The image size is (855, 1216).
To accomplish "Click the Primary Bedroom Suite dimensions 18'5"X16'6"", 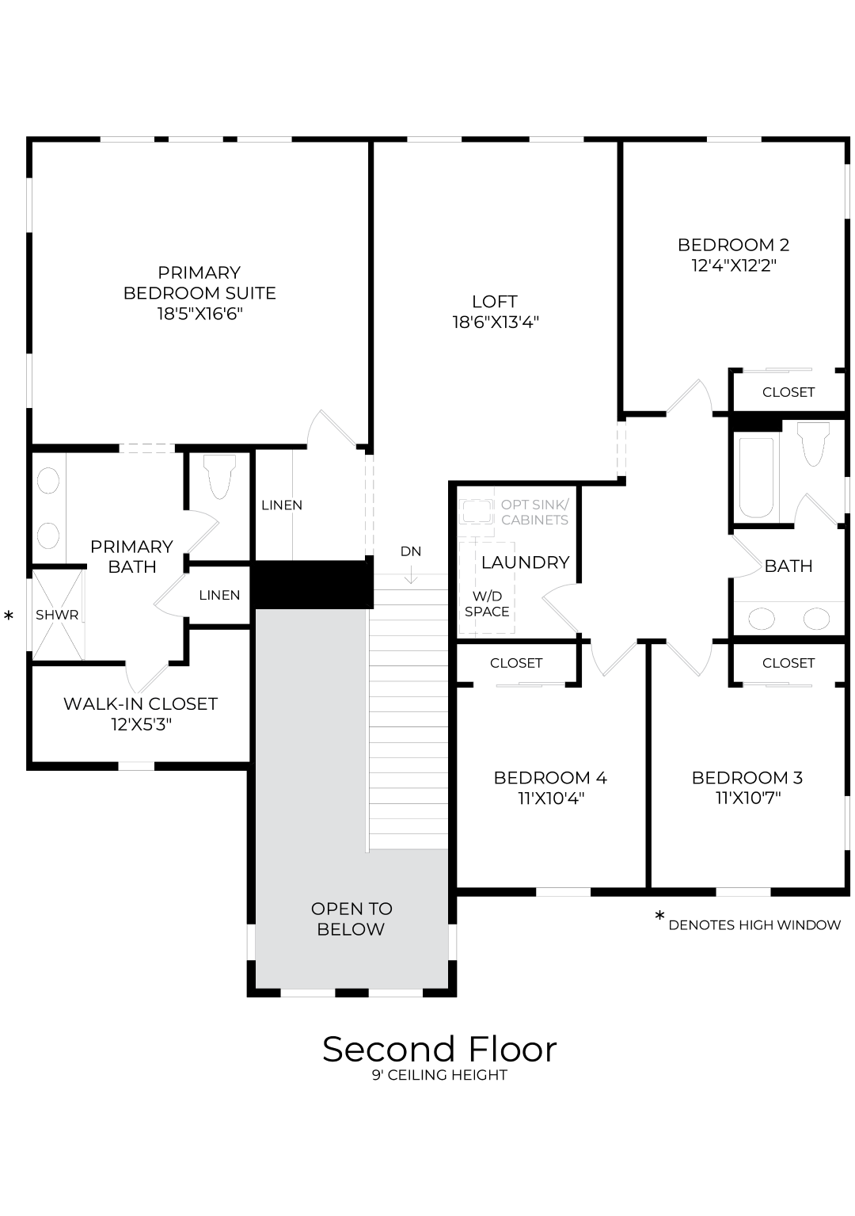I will tap(199, 314).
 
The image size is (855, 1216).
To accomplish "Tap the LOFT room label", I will tap(495, 302).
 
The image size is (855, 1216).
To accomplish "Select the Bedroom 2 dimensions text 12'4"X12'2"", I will tap(733, 265).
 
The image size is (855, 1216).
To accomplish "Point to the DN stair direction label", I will tap(411, 551).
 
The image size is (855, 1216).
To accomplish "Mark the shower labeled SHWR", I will tap(57, 615).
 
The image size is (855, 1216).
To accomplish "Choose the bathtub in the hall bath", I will tap(756, 477).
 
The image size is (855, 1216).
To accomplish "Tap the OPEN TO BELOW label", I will tap(351, 919).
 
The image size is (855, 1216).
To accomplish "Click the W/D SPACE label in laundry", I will tap(487, 604).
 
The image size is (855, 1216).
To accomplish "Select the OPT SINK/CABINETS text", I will tap(534, 513).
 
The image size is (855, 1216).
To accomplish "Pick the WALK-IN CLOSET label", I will tap(140, 703).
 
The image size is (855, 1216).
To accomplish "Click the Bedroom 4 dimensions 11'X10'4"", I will tap(551, 799).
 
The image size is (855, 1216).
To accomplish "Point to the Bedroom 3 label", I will tap(747, 778).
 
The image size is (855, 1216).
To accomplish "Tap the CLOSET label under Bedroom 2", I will tap(788, 392).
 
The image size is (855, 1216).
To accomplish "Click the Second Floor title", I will tap(439, 1050).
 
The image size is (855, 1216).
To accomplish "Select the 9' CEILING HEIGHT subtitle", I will tap(439, 1075).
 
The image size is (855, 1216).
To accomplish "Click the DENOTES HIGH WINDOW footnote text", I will tap(754, 925).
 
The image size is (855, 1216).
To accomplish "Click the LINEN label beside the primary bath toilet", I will tap(281, 505).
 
